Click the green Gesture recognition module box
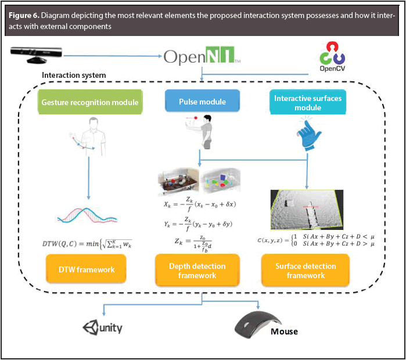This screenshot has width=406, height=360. (x=90, y=102)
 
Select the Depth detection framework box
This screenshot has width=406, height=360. (x=197, y=270)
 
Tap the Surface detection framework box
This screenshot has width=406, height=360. (x=307, y=270)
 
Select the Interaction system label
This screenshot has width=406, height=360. (x=74, y=75)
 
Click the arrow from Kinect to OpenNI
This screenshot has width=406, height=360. (x=110, y=56)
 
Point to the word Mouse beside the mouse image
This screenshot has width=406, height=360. (x=284, y=332)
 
